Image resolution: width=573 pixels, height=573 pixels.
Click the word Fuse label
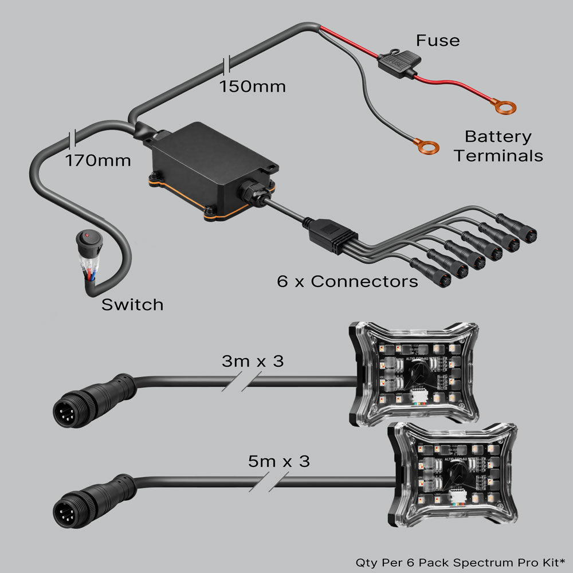coord(438,41)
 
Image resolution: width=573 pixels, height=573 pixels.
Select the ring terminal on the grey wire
coord(427,148)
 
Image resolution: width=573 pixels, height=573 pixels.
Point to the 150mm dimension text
coord(253,87)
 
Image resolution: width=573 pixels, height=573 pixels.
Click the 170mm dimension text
coord(98,160)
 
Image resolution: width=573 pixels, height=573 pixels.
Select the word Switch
coord(132,305)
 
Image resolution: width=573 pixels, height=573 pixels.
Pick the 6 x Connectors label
coord(347,282)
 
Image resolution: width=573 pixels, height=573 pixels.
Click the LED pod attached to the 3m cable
coord(414,375)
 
